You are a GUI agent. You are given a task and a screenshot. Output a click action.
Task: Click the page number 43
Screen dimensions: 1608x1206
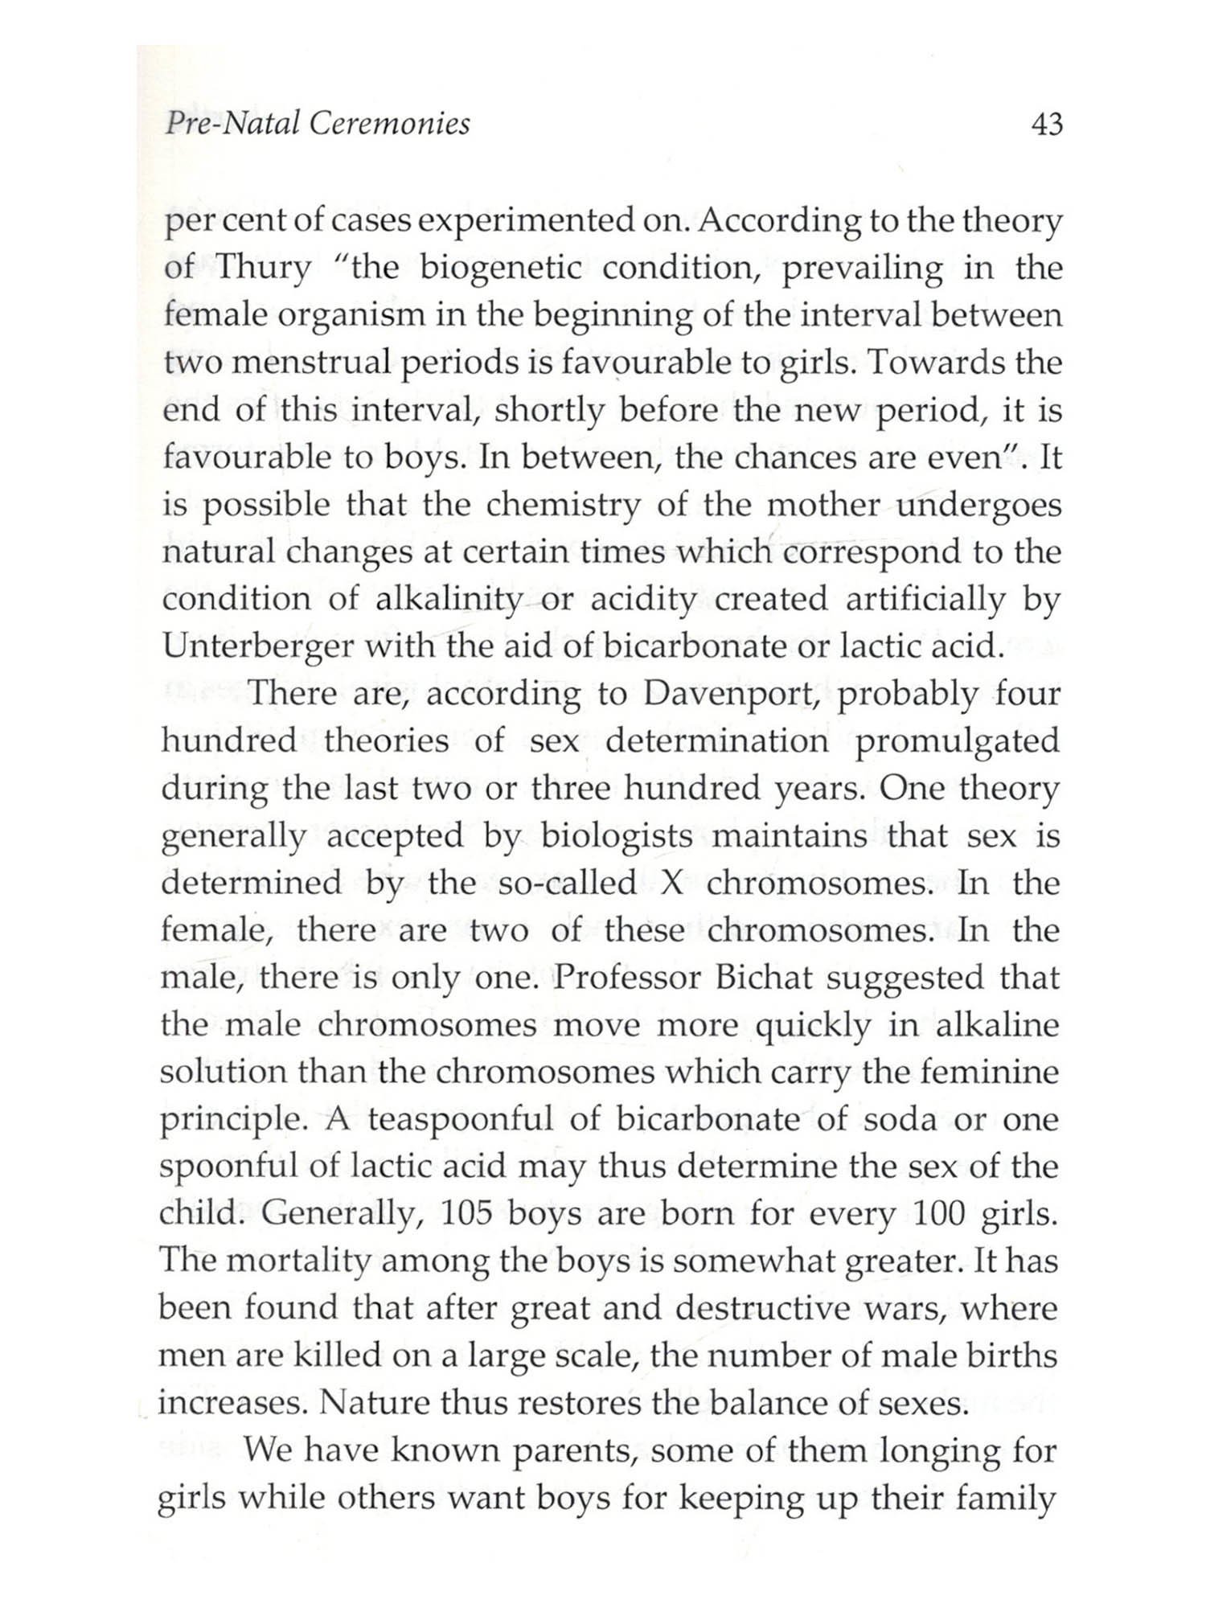click(1044, 125)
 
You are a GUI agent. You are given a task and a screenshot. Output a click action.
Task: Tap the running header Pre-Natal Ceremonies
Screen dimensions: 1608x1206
click(317, 124)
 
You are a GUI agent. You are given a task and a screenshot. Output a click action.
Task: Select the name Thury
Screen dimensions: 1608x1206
click(264, 268)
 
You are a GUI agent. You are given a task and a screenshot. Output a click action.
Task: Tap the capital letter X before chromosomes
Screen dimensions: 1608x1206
click(671, 884)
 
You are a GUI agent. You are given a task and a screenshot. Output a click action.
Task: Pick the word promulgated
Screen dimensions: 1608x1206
click(957, 741)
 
